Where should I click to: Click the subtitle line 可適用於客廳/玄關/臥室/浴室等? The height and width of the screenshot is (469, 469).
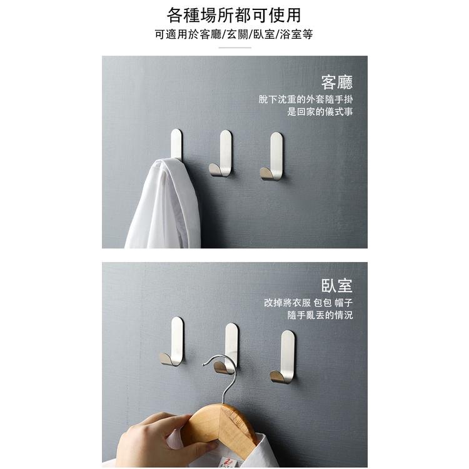pos(234,34)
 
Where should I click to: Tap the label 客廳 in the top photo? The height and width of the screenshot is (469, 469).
pos(336,82)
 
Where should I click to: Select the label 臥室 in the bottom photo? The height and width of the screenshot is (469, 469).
pos(336,286)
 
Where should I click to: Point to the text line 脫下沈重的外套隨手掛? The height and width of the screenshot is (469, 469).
pos(306,99)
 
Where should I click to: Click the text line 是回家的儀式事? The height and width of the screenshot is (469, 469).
pos(320,112)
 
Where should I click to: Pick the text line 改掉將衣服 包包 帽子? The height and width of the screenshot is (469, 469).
pos(308,303)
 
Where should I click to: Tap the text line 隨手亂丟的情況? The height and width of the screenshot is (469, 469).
pos(320,316)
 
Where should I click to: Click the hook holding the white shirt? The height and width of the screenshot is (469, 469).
pos(176,143)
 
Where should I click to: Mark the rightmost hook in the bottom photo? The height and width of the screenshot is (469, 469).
pos(285,357)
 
